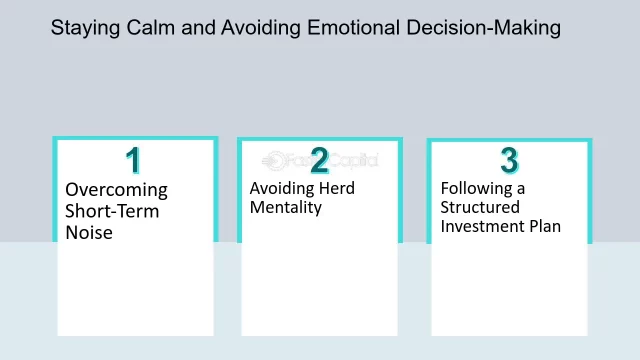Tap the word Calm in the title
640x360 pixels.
[151, 28]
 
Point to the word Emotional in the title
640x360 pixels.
[353, 28]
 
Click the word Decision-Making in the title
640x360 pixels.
[484, 29]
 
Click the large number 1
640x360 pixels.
[133, 160]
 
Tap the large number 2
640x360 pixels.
[319, 160]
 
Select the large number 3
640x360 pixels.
[509, 160]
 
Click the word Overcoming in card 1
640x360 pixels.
[116, 191]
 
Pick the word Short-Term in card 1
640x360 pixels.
[112, 211]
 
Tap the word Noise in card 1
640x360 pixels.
[89, 233]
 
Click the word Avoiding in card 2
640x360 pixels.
[282, 189]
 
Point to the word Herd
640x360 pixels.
[337, 189]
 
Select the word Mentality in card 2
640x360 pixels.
[286, 208]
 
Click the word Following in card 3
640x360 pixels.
[476, 189]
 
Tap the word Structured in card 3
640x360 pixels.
[480, 207]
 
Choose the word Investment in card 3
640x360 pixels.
[483, 227]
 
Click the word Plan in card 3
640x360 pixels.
[545, 227]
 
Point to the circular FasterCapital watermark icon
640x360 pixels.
[274, 161]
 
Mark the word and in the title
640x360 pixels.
[198, 28]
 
